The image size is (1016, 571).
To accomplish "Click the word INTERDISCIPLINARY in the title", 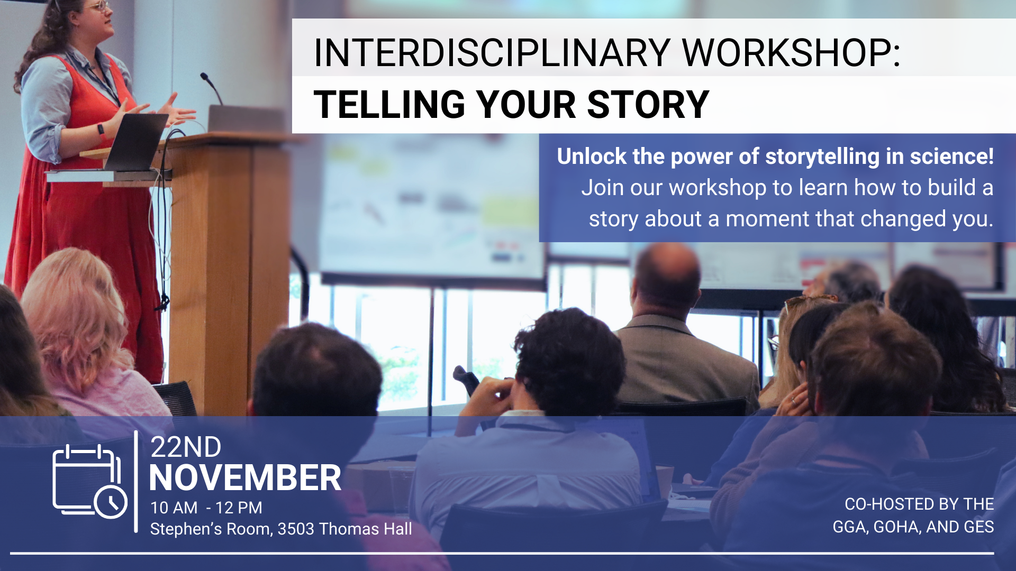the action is click(x=492, y=53).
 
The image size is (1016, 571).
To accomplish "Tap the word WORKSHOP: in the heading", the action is click(x=791, y=53).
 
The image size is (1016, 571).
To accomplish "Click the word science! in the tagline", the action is click(x=952, y=156).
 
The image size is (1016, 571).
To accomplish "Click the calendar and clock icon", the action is click(x=90, y=481).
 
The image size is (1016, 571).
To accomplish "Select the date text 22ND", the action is click(x=186, y=447).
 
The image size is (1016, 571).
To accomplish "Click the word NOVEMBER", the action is click(x=246, y=478).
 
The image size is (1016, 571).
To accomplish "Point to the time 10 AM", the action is click(x=174, y=508).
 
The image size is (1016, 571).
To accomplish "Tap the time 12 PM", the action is click(x=239, y=508).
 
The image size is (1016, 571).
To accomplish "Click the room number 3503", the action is click(x=296, y=529).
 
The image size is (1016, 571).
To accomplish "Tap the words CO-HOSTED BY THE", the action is click(x=919, y=504).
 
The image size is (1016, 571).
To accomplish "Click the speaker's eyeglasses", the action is click(x=99, y=6).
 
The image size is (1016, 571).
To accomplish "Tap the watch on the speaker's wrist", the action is click(x=101, y=130).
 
